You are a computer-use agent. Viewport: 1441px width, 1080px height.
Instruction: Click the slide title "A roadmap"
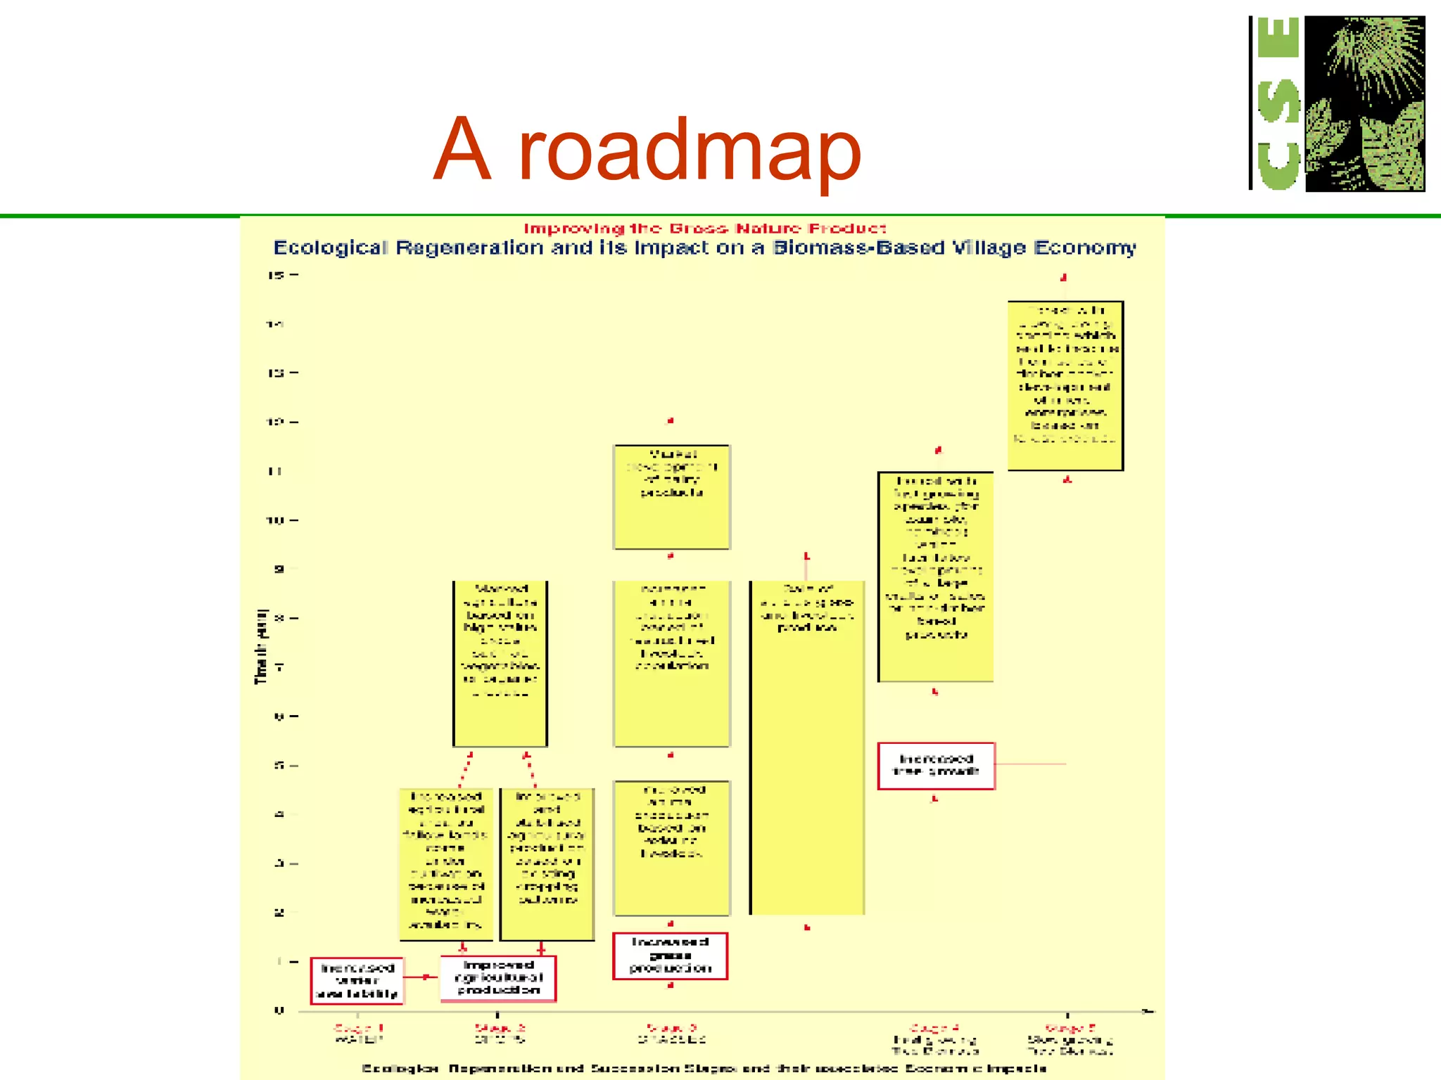coord(647,149)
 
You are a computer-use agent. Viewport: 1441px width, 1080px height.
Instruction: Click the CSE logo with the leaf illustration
coord(1337,104)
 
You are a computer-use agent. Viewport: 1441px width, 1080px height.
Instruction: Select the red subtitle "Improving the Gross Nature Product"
coord(704,229)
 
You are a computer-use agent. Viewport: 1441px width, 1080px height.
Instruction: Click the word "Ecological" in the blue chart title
coord(330,248)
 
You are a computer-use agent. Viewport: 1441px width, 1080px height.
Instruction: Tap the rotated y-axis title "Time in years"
coord(261,646)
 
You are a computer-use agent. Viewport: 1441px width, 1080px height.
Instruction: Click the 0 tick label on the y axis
coord(279,1011)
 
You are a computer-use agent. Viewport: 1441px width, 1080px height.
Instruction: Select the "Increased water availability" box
coord(357,981)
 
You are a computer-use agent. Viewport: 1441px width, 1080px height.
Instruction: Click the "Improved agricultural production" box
coord(498,978)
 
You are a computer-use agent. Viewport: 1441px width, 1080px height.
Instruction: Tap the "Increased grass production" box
coord(670,956)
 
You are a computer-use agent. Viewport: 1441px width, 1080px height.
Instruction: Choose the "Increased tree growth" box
coord(936,766)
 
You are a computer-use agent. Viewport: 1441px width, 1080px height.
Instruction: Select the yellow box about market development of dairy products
coord(672,496)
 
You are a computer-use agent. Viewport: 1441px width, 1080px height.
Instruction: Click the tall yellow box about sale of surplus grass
coord(807,747)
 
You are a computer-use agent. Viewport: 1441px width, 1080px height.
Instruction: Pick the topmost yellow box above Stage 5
coord(1065,385)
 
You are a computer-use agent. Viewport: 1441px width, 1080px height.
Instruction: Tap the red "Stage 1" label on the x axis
coord(358,1028)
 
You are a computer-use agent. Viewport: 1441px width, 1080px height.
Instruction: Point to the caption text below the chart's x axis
coord(704,1069)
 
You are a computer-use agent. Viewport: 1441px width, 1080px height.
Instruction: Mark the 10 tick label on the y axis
coord(274,520)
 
